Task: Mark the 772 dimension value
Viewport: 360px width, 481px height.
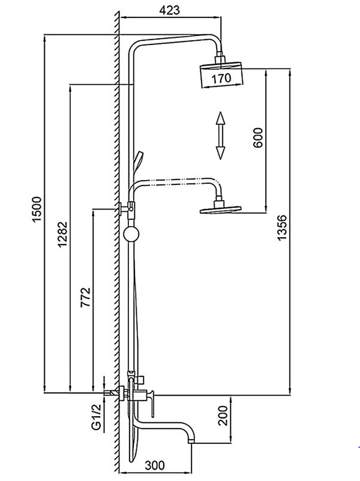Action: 85,298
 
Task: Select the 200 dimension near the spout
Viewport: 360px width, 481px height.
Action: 223,414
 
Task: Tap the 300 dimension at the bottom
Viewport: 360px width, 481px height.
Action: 155,465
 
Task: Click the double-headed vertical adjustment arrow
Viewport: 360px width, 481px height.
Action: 220,135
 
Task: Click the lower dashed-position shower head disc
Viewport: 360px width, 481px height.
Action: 220,209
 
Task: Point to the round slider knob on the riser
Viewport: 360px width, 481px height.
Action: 130,234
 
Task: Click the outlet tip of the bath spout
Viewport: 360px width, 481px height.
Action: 191,442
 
